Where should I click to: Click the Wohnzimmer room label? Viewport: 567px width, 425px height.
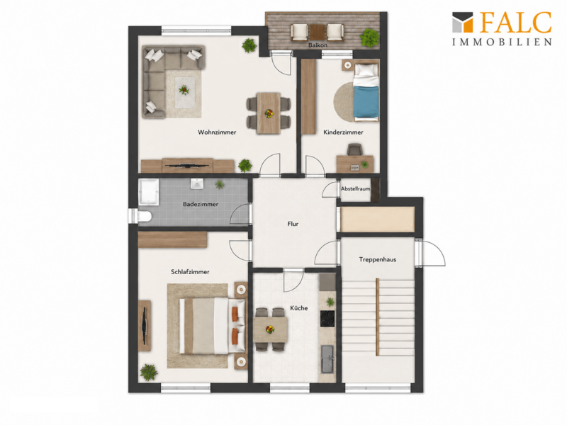click(217, 132)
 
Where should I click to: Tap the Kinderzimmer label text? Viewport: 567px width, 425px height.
click(343, 132)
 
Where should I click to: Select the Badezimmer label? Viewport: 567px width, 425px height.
click(201, 204)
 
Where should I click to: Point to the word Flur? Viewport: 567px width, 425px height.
click(293, 224)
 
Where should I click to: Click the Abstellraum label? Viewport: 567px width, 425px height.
click(356, 188)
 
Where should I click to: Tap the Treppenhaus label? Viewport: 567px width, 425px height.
click(378, 259)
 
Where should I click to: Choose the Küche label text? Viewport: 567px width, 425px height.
click(299, 308)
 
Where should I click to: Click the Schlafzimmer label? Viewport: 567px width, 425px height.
click(190, 272)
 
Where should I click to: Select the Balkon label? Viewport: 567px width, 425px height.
click(318, 45)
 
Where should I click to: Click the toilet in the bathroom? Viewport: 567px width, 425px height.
click(144, 217)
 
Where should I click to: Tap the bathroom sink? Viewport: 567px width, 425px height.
click(197, 183)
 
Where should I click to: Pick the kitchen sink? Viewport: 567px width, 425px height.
click(327, 359)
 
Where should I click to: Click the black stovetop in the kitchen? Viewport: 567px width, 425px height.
click(327, 319)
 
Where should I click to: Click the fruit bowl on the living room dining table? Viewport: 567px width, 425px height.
click(269, 114)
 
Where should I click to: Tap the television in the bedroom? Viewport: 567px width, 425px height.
click(145, 326)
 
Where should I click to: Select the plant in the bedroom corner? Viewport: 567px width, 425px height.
click(149, 373)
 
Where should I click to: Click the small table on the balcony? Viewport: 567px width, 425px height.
click(318, 32)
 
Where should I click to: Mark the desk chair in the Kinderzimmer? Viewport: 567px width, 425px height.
click(354, 149)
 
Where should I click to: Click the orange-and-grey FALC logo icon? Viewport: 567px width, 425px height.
click(463, 22)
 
